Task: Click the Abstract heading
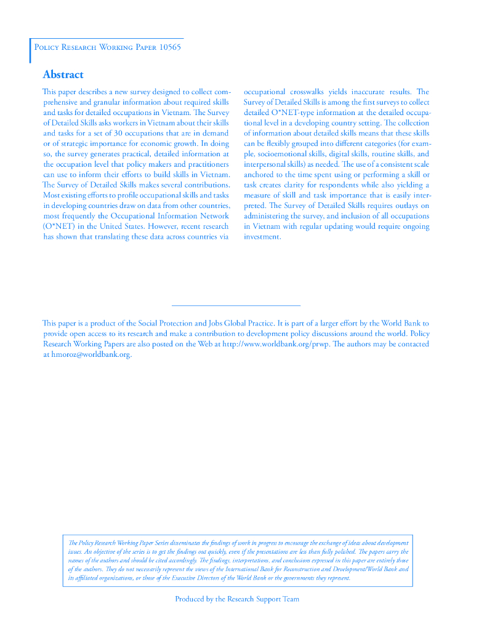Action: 63,75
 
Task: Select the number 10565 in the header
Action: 169,47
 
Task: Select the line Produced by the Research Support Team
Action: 237,599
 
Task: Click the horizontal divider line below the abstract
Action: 236,305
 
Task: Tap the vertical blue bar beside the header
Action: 30,50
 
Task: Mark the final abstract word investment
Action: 262,236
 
